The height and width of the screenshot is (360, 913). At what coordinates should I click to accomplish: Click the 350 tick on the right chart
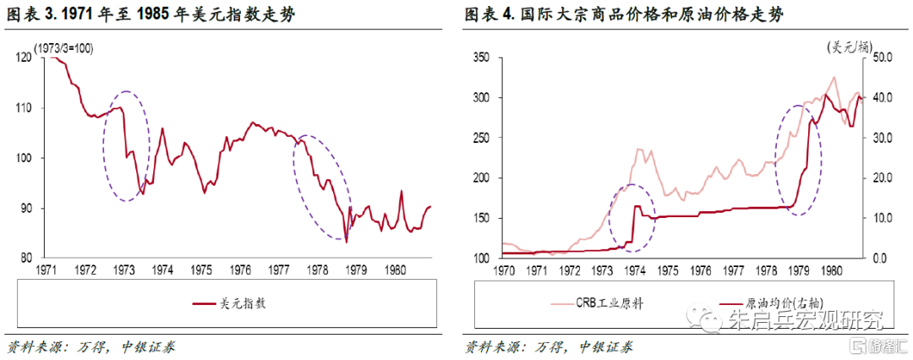[x=480, y=57]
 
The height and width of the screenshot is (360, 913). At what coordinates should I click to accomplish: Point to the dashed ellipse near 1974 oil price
[x=631, y=217]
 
